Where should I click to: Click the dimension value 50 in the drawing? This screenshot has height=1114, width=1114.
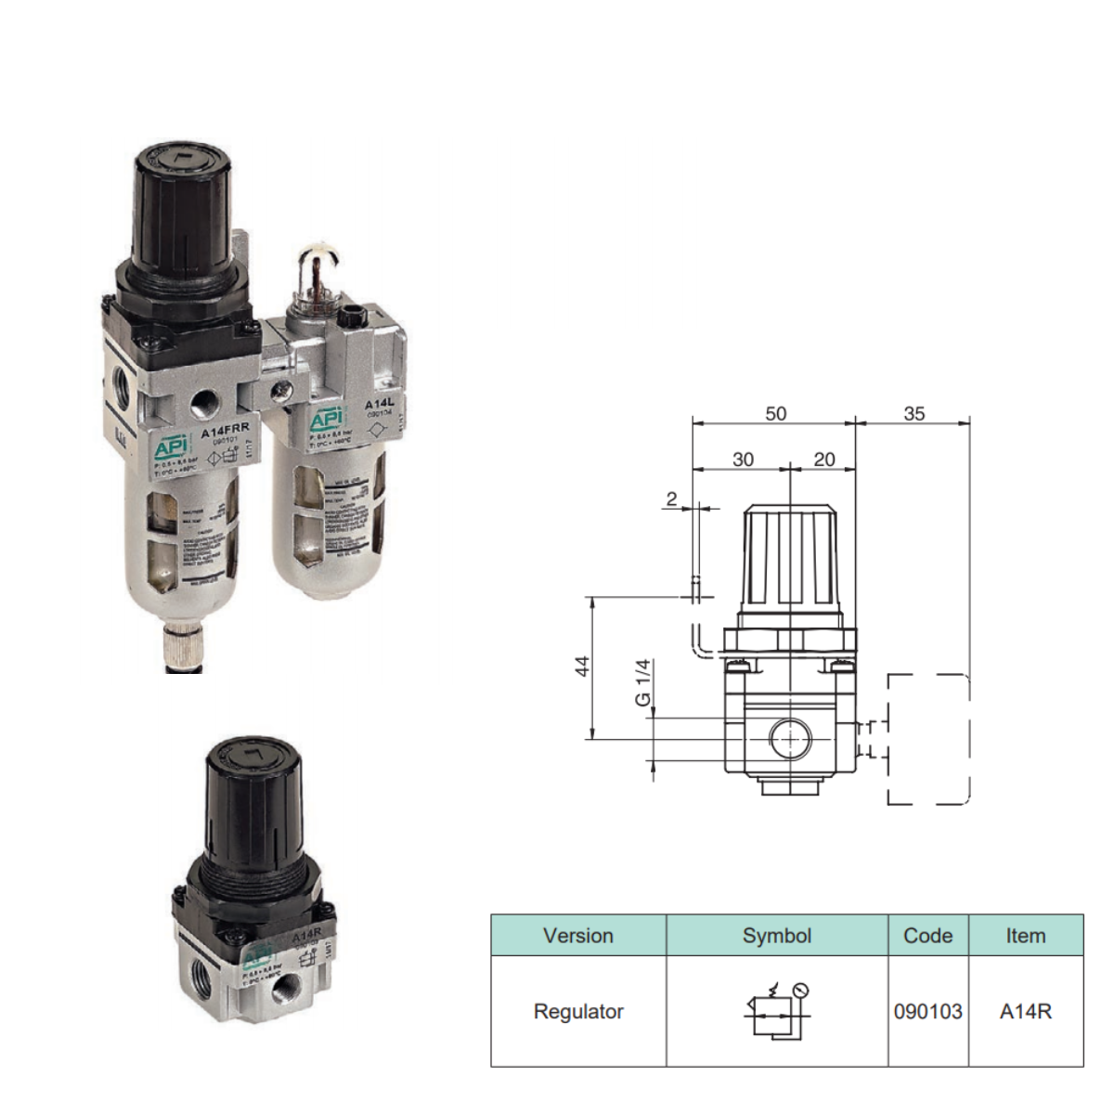click(775, 413)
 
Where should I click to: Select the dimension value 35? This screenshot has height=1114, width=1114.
click(913, 413)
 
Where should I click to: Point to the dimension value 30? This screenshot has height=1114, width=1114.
click(743, 459)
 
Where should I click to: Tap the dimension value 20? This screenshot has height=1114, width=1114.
click(823, 459)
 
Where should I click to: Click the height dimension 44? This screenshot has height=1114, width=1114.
click(582, 666)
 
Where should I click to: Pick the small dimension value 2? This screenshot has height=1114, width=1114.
click(672, 499)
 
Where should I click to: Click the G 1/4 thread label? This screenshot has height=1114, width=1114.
click(643, 682)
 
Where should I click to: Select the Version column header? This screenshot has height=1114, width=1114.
click(578, 936)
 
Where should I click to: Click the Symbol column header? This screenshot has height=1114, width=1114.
click(777, 936)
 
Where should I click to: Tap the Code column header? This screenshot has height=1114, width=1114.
click(927, 936)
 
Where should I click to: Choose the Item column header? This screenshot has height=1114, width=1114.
click(1025, 936)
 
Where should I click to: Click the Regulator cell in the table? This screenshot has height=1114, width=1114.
click(578, 1011)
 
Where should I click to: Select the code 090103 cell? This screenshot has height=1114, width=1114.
click(927, 1011)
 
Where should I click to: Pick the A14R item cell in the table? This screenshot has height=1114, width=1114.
click(1025, 1011)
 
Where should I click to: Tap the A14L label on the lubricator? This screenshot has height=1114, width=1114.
click(379, 405)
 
